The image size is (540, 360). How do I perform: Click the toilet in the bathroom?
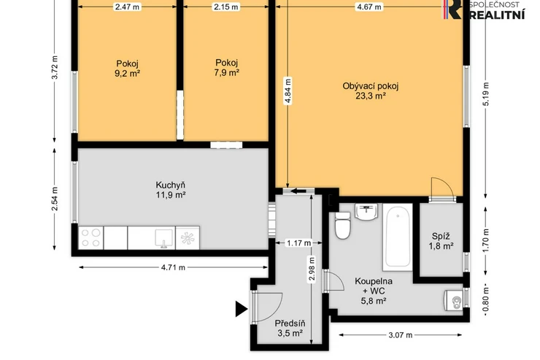[343, 226]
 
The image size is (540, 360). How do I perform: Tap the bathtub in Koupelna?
[398, 237]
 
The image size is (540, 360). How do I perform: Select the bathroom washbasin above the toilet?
[366, 212]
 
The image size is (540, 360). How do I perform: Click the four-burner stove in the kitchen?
[91, 238]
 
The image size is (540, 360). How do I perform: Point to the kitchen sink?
[163, 238]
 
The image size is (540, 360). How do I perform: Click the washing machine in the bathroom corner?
[454, 300]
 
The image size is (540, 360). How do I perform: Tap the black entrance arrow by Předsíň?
[242, 309]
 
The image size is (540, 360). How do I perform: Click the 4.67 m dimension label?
[369, 7]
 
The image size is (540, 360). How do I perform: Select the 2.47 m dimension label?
[128, 7]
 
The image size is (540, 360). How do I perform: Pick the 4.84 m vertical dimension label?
[288, 91]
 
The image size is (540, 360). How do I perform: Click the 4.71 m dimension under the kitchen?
[173, 267]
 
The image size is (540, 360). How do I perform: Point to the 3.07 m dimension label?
[400, 335]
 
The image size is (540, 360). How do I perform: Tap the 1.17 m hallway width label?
[299, 243]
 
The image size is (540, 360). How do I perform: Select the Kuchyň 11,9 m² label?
[171, 190]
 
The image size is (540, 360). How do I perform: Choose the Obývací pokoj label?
[370, 86]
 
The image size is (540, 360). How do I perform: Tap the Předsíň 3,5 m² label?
[290, 329]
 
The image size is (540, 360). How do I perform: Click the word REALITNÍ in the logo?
[497, 15]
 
